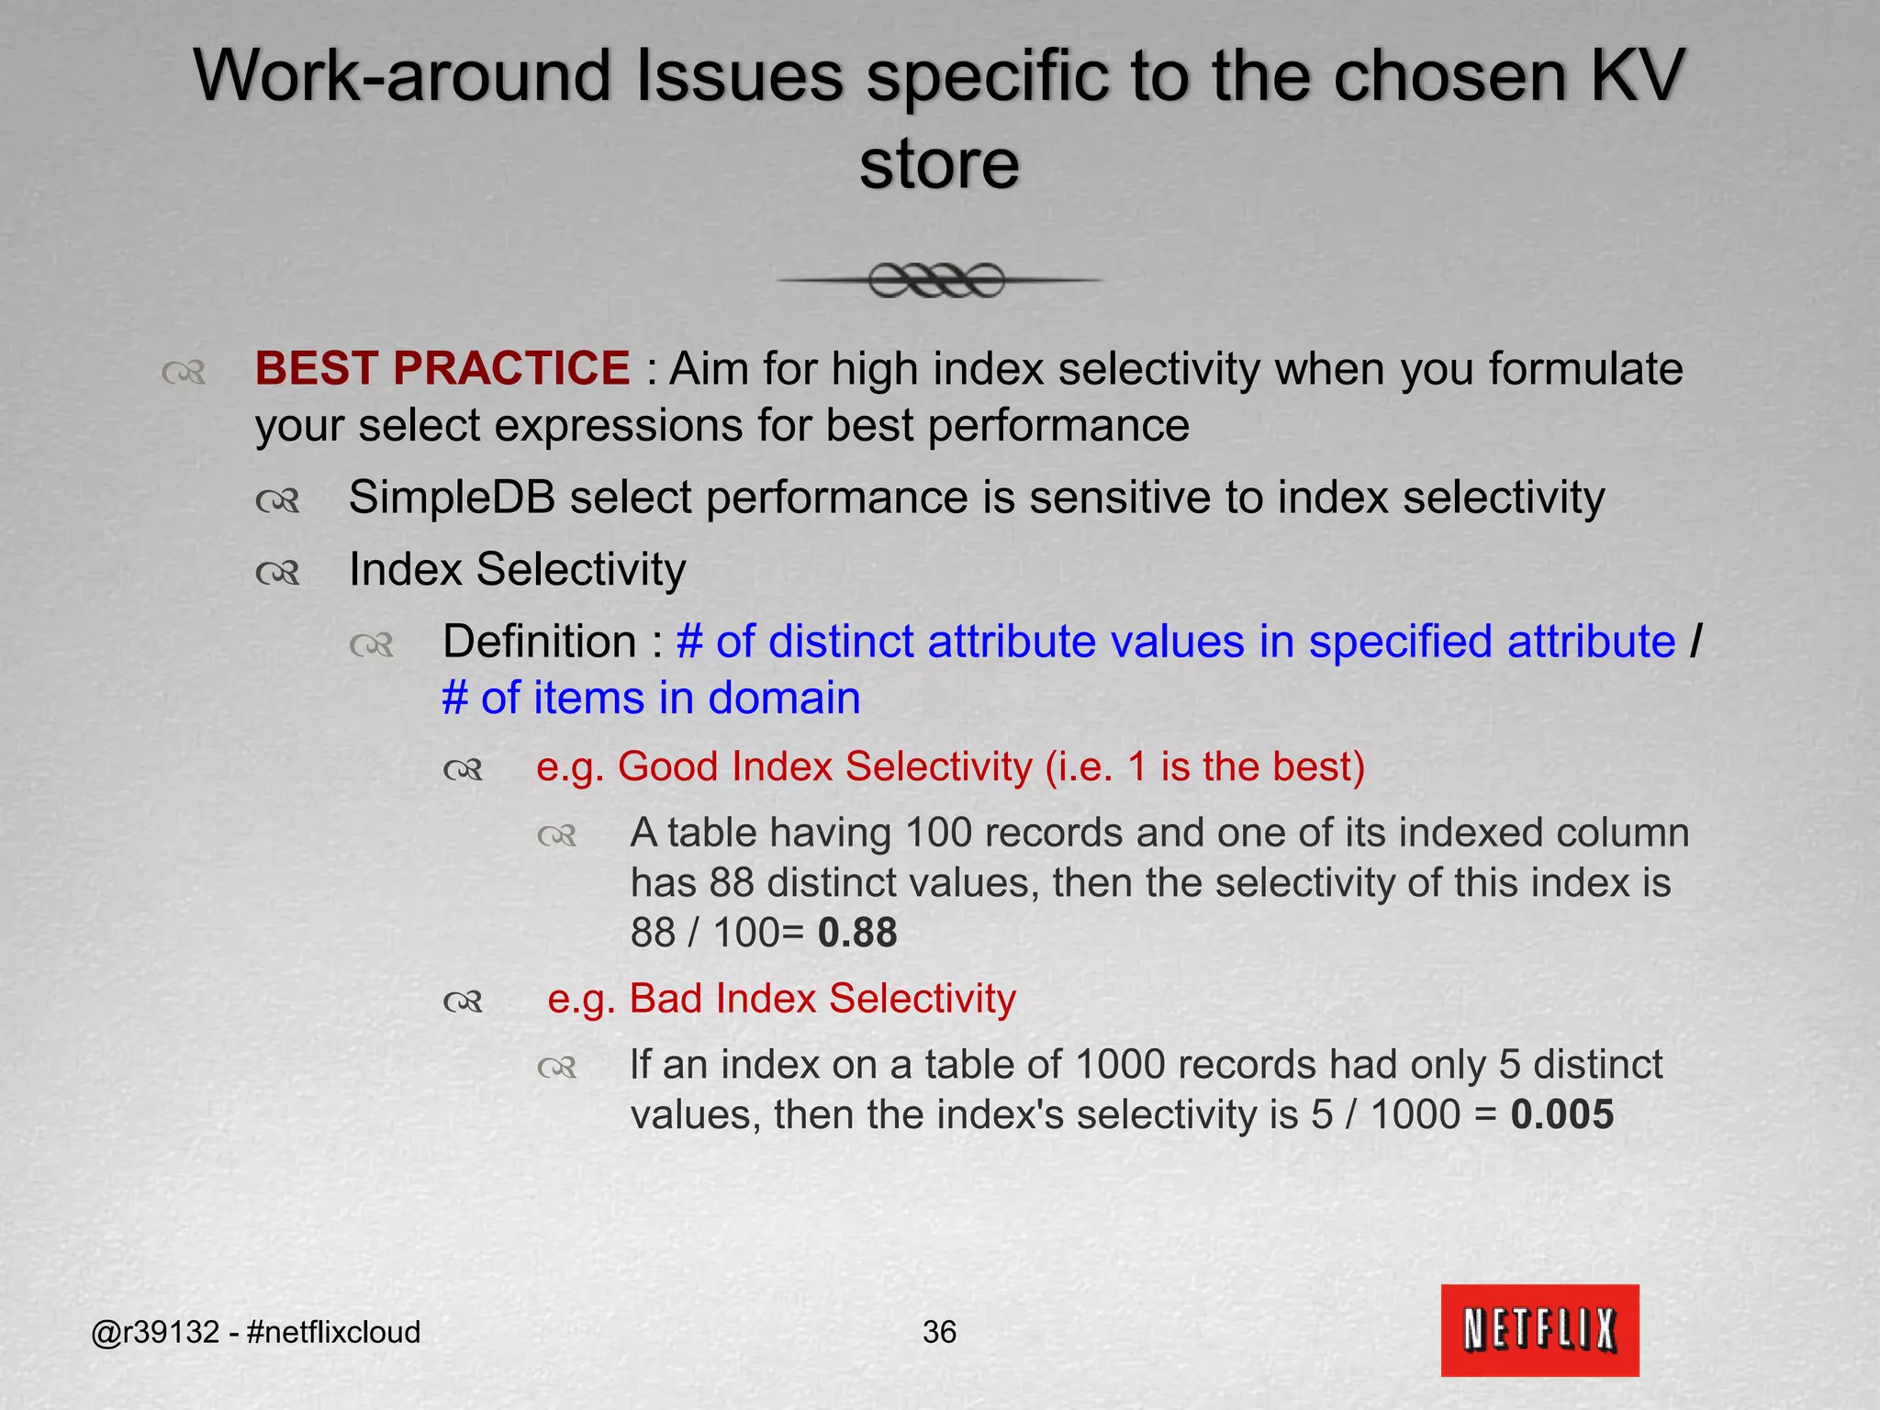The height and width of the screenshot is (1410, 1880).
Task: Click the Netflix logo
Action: coord(1539,1329)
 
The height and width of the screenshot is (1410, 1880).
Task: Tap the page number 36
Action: coord(939,1331)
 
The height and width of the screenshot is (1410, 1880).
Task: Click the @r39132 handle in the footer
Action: coord(155,1331)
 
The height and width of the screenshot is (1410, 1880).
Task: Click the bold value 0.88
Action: coord(857,933)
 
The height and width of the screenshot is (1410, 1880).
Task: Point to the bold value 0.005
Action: coord(1561,1114)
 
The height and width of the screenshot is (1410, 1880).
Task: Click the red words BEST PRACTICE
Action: coord(442,369)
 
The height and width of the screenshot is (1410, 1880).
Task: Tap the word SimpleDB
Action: coord(452,498)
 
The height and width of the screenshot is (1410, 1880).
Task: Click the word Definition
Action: coord(540,641)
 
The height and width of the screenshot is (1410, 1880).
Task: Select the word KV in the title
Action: coord(1636,75)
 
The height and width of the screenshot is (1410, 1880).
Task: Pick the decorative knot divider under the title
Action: coord(937,280)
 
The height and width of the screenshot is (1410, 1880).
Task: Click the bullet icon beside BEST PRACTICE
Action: coord(183,372)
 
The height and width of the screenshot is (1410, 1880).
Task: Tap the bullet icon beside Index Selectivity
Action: coord(277,573)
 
